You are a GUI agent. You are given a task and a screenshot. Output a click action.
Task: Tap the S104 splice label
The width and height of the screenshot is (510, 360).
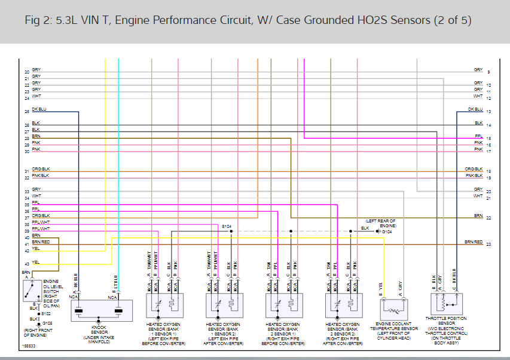click(x=227, y=227)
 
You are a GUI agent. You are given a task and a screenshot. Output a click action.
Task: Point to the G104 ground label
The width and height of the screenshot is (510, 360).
click(x=387, y=231)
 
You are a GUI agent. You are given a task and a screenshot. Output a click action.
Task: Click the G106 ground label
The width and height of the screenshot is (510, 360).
click(x=47, y=322)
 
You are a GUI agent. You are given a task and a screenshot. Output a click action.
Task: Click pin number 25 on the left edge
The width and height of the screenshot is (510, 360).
click(x=26, y=112)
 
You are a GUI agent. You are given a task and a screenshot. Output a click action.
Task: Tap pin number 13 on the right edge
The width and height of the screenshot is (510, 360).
click(x=488, y=112)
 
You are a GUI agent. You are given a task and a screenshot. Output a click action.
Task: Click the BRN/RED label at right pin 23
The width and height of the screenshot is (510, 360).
click(x=474, y=242)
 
